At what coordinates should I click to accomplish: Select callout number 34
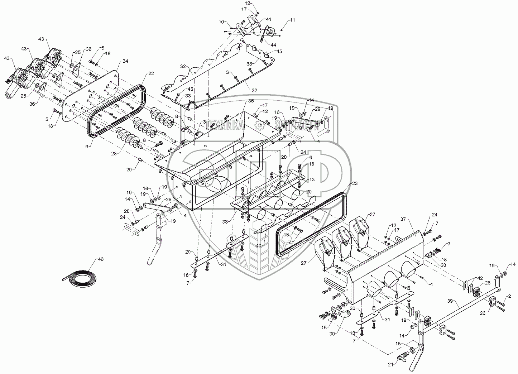point(125,61)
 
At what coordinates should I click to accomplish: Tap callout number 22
point(151,74)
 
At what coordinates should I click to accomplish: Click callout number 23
point(355,183)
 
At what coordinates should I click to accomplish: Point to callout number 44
point(274,45)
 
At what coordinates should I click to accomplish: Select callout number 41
point(269,19)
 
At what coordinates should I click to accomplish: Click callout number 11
point(293,20)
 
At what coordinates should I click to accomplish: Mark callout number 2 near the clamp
point(509,297)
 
